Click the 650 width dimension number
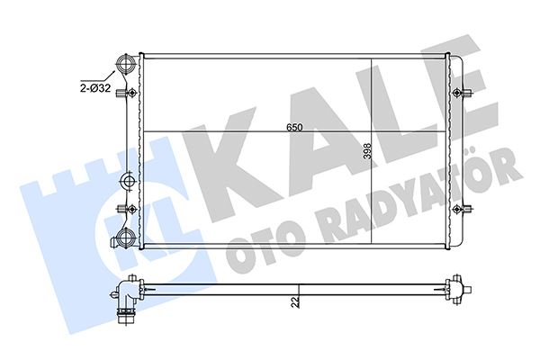point(293,127)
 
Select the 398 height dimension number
point(366,154)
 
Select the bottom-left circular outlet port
point(125,239)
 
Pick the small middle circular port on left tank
point(127,183)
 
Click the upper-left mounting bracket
point(132,94)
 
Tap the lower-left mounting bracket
point(132,209)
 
